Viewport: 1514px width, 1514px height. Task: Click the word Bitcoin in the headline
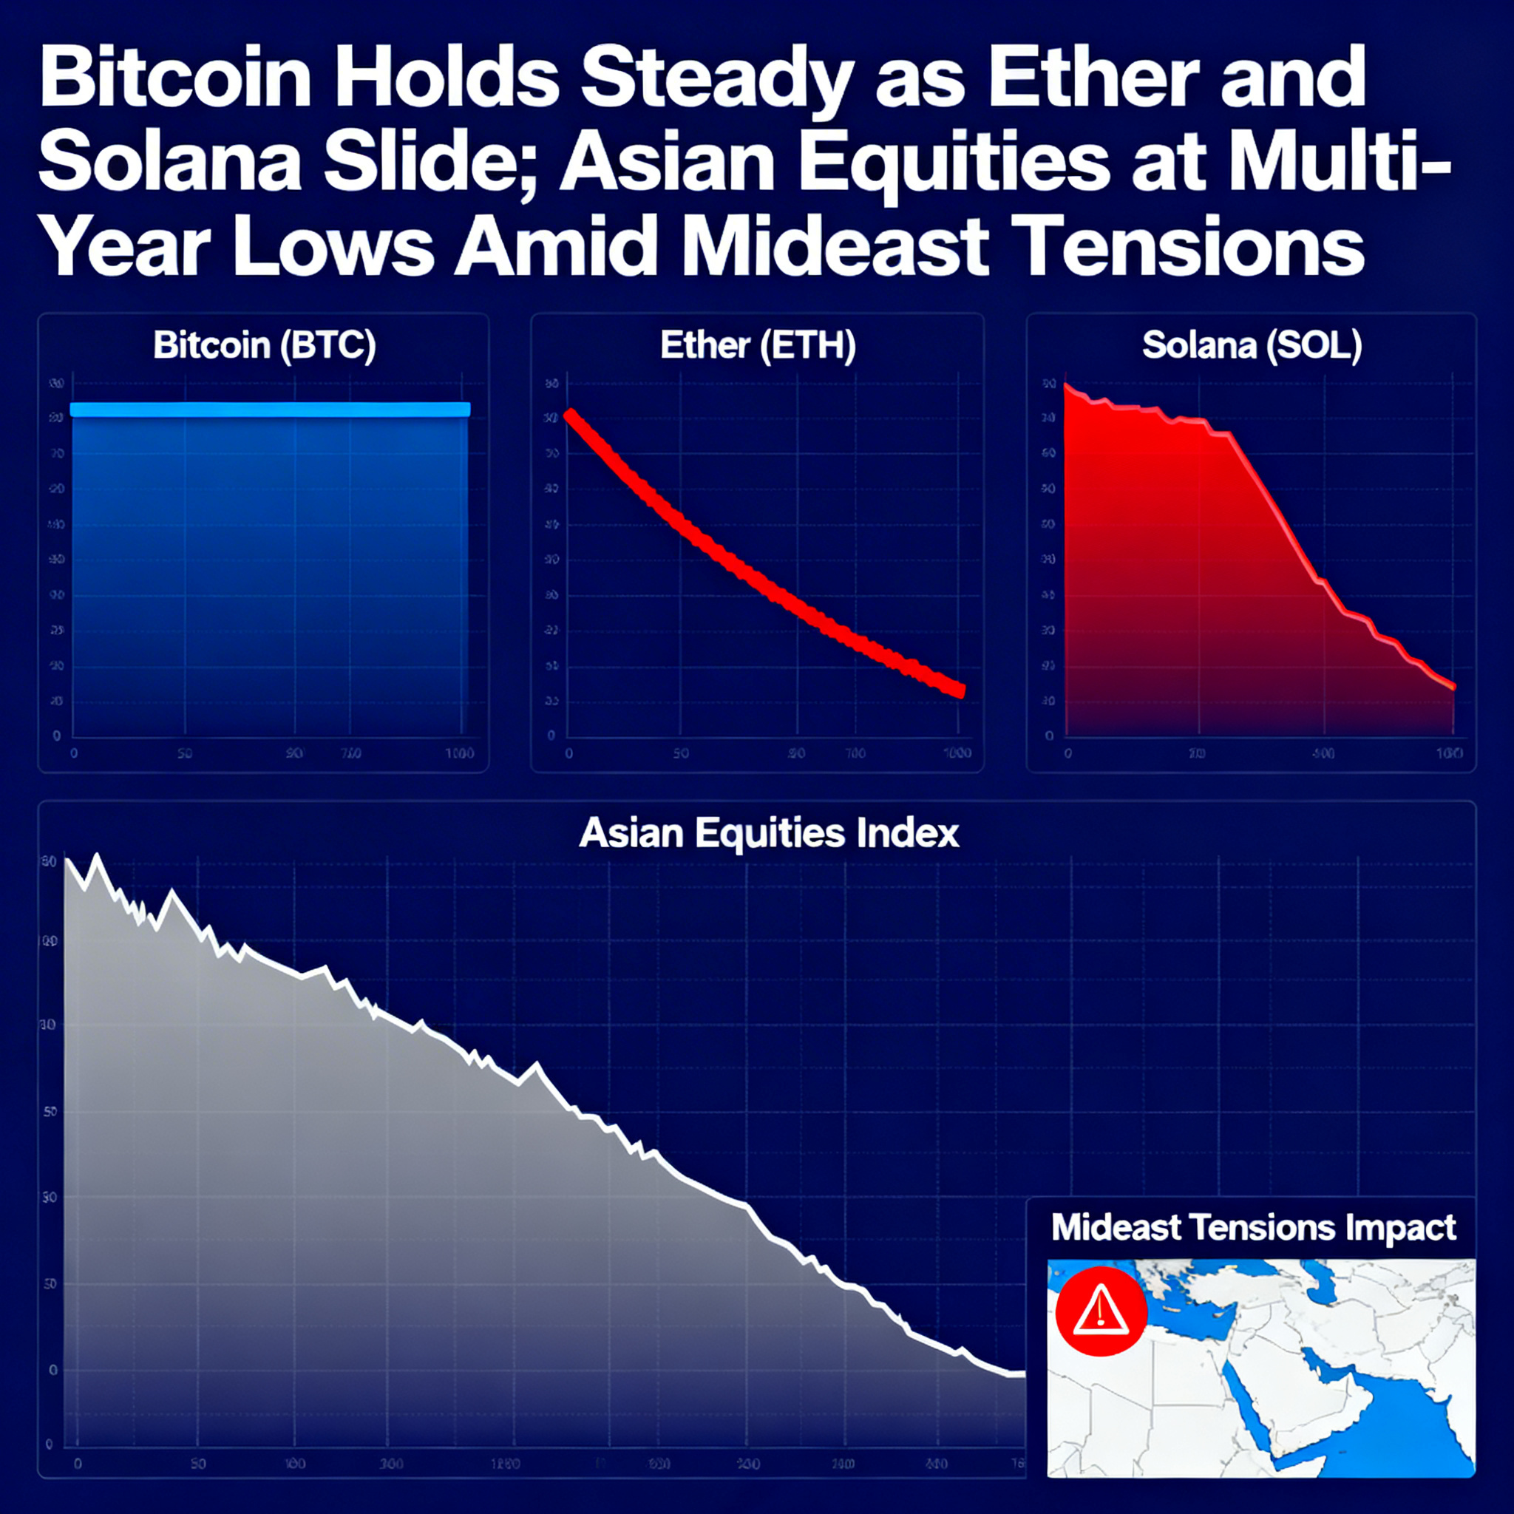point(174,80)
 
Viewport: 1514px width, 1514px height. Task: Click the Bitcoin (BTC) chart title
point(264,345)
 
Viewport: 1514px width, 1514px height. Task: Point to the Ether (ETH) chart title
point(757,345)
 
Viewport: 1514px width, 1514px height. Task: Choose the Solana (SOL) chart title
point(1252,345)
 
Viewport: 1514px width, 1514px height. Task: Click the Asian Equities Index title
point(768,833)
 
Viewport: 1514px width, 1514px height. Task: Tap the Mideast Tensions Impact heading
point(1253,1227)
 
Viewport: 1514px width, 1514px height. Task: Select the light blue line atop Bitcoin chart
point(270,409)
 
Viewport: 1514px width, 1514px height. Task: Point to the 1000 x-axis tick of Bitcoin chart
point(459,753)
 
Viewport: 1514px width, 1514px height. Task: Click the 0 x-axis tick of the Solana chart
point(1067,753)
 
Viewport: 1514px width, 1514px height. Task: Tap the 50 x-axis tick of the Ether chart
point(680,753)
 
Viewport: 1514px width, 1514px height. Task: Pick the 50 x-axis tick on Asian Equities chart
point(197,1464)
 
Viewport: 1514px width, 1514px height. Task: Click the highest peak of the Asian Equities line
point(97,857)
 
